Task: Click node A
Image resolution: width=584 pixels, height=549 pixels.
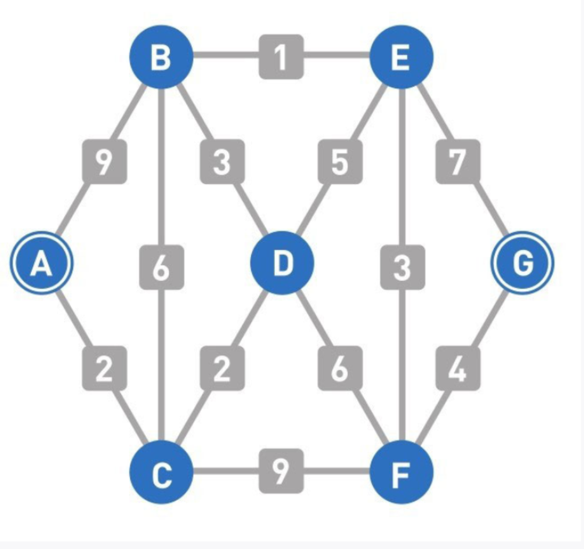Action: point(41,263)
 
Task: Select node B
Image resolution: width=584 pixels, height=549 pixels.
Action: point(161,57)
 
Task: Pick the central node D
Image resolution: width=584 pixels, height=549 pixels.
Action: point(282,263)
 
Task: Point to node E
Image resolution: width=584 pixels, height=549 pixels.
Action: point(402,57)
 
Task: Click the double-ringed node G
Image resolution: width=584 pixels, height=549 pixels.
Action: point(522,263)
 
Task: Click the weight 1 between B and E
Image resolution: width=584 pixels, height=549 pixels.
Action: point(281,57)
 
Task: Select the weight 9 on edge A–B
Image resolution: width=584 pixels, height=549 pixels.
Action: point(104,161)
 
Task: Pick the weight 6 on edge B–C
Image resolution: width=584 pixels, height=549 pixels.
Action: point(161,267)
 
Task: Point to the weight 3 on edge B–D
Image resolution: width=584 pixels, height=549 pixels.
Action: point(222,161)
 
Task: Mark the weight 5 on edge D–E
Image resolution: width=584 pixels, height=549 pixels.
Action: point(340,161)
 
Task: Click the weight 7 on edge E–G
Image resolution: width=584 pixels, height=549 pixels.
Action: point(458,161)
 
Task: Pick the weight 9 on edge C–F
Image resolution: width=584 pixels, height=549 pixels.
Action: point(281,471)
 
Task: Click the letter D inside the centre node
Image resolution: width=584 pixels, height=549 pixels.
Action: point(282,263)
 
